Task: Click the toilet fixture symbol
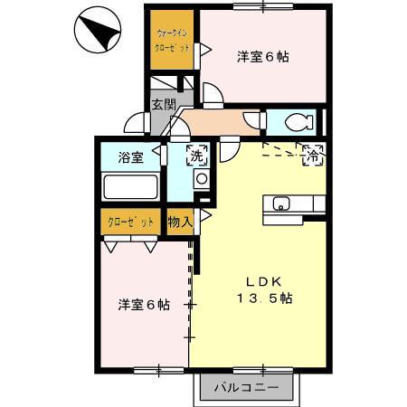pos(294,121)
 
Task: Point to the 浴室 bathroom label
pos(131,158)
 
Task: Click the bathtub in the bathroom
pos(131,188)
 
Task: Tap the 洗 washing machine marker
pos(197,156)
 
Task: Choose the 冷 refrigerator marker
pos(312,155)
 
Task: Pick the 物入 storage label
pos(180,222)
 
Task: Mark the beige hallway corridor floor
pos(217,122)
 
